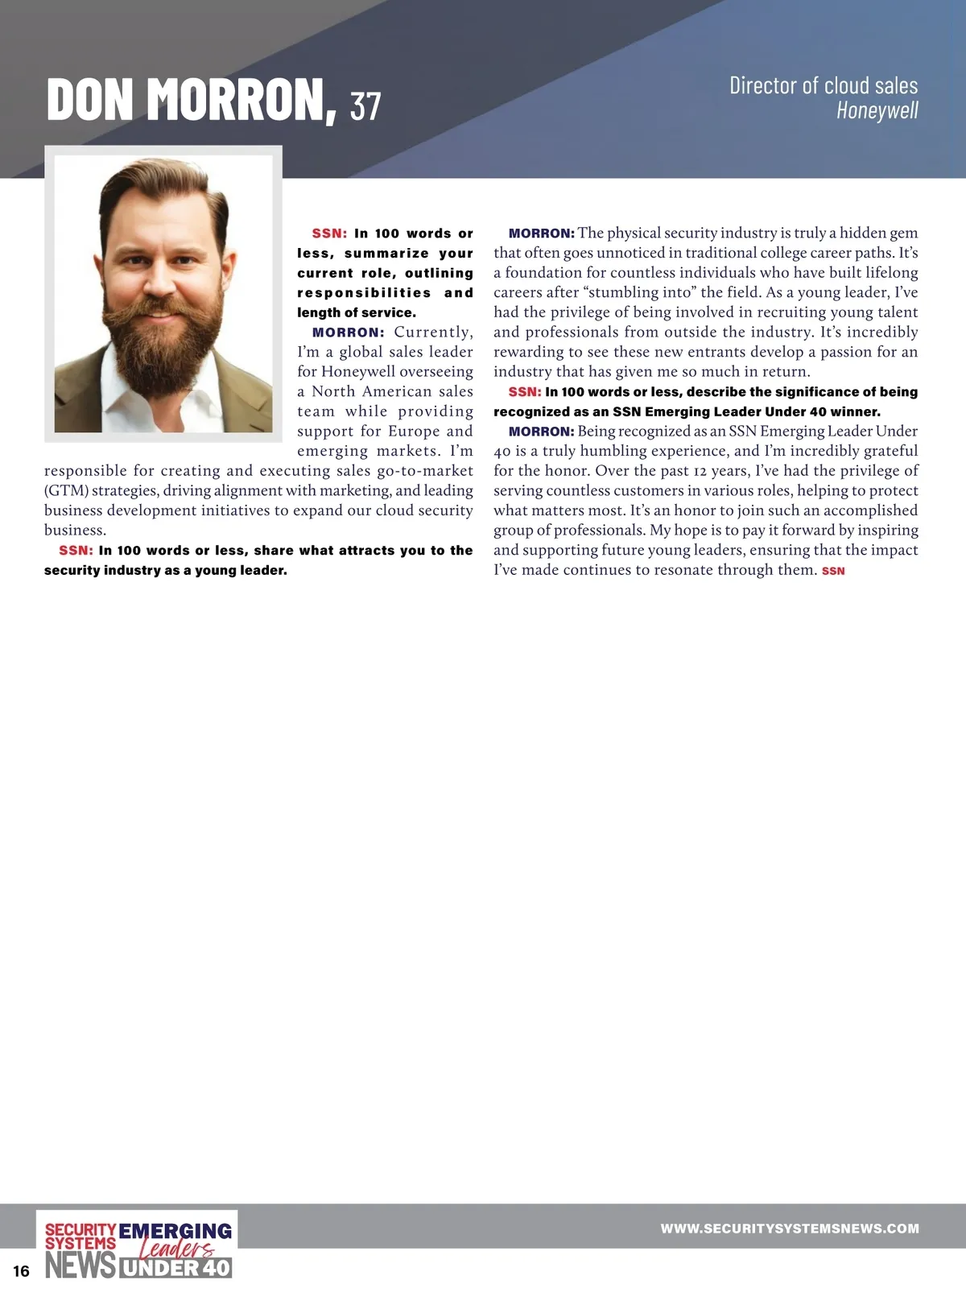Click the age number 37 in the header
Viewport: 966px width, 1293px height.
point(365,105)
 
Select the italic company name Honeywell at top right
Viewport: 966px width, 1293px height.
point(877,110)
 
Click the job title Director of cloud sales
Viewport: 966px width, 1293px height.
point(823,85)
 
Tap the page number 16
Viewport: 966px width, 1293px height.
point(21,1271)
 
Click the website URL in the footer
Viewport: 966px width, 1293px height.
point(789,1229)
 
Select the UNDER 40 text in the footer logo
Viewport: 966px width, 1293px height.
point(176,1268)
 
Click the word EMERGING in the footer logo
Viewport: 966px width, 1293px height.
point(175,1232)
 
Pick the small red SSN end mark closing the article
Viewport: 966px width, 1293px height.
point(833,571)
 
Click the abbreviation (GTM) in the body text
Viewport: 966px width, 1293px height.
point(66,490)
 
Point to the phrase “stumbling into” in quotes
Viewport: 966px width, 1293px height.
point(642,292)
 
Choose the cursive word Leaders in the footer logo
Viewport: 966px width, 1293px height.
point(177,1249)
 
